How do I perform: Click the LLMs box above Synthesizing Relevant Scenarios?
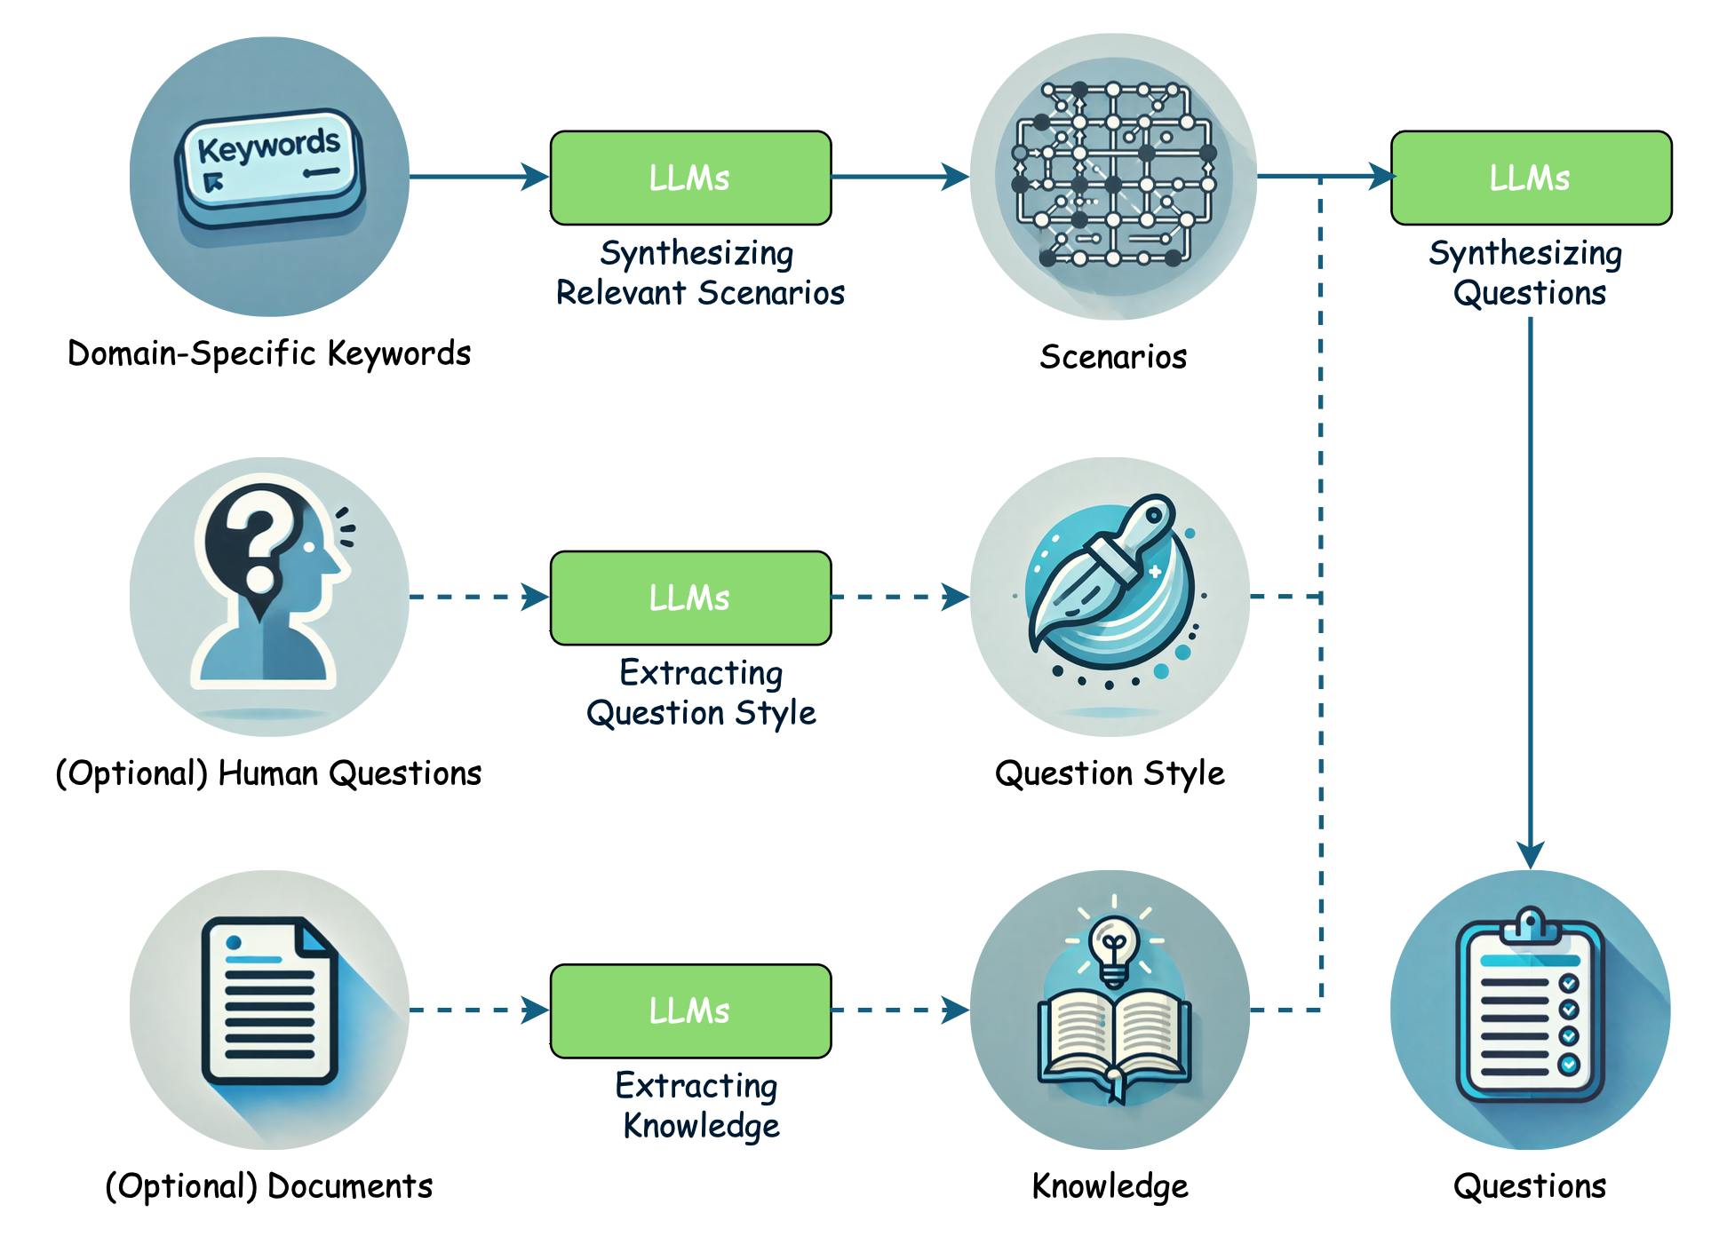(x=690, y=178)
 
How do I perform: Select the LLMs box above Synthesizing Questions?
(x=1530, y=178)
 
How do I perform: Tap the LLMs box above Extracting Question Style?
(x=690, y=598)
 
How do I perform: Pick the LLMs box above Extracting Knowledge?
(x=690, y=1010)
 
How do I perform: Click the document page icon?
(x=269, y=1001)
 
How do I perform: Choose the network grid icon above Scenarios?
(x=1113, y=175)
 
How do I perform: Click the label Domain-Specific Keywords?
(x=269, y=353)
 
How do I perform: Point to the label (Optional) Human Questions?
(x=268, y=773)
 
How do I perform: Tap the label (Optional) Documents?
(x=269, y=1186)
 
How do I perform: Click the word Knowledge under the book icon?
(x=1110, y=1186)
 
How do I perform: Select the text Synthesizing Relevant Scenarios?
(x=699, y=273)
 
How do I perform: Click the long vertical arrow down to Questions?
(x=1530, y=586)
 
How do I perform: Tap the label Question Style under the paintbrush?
(x=1110, y=773)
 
